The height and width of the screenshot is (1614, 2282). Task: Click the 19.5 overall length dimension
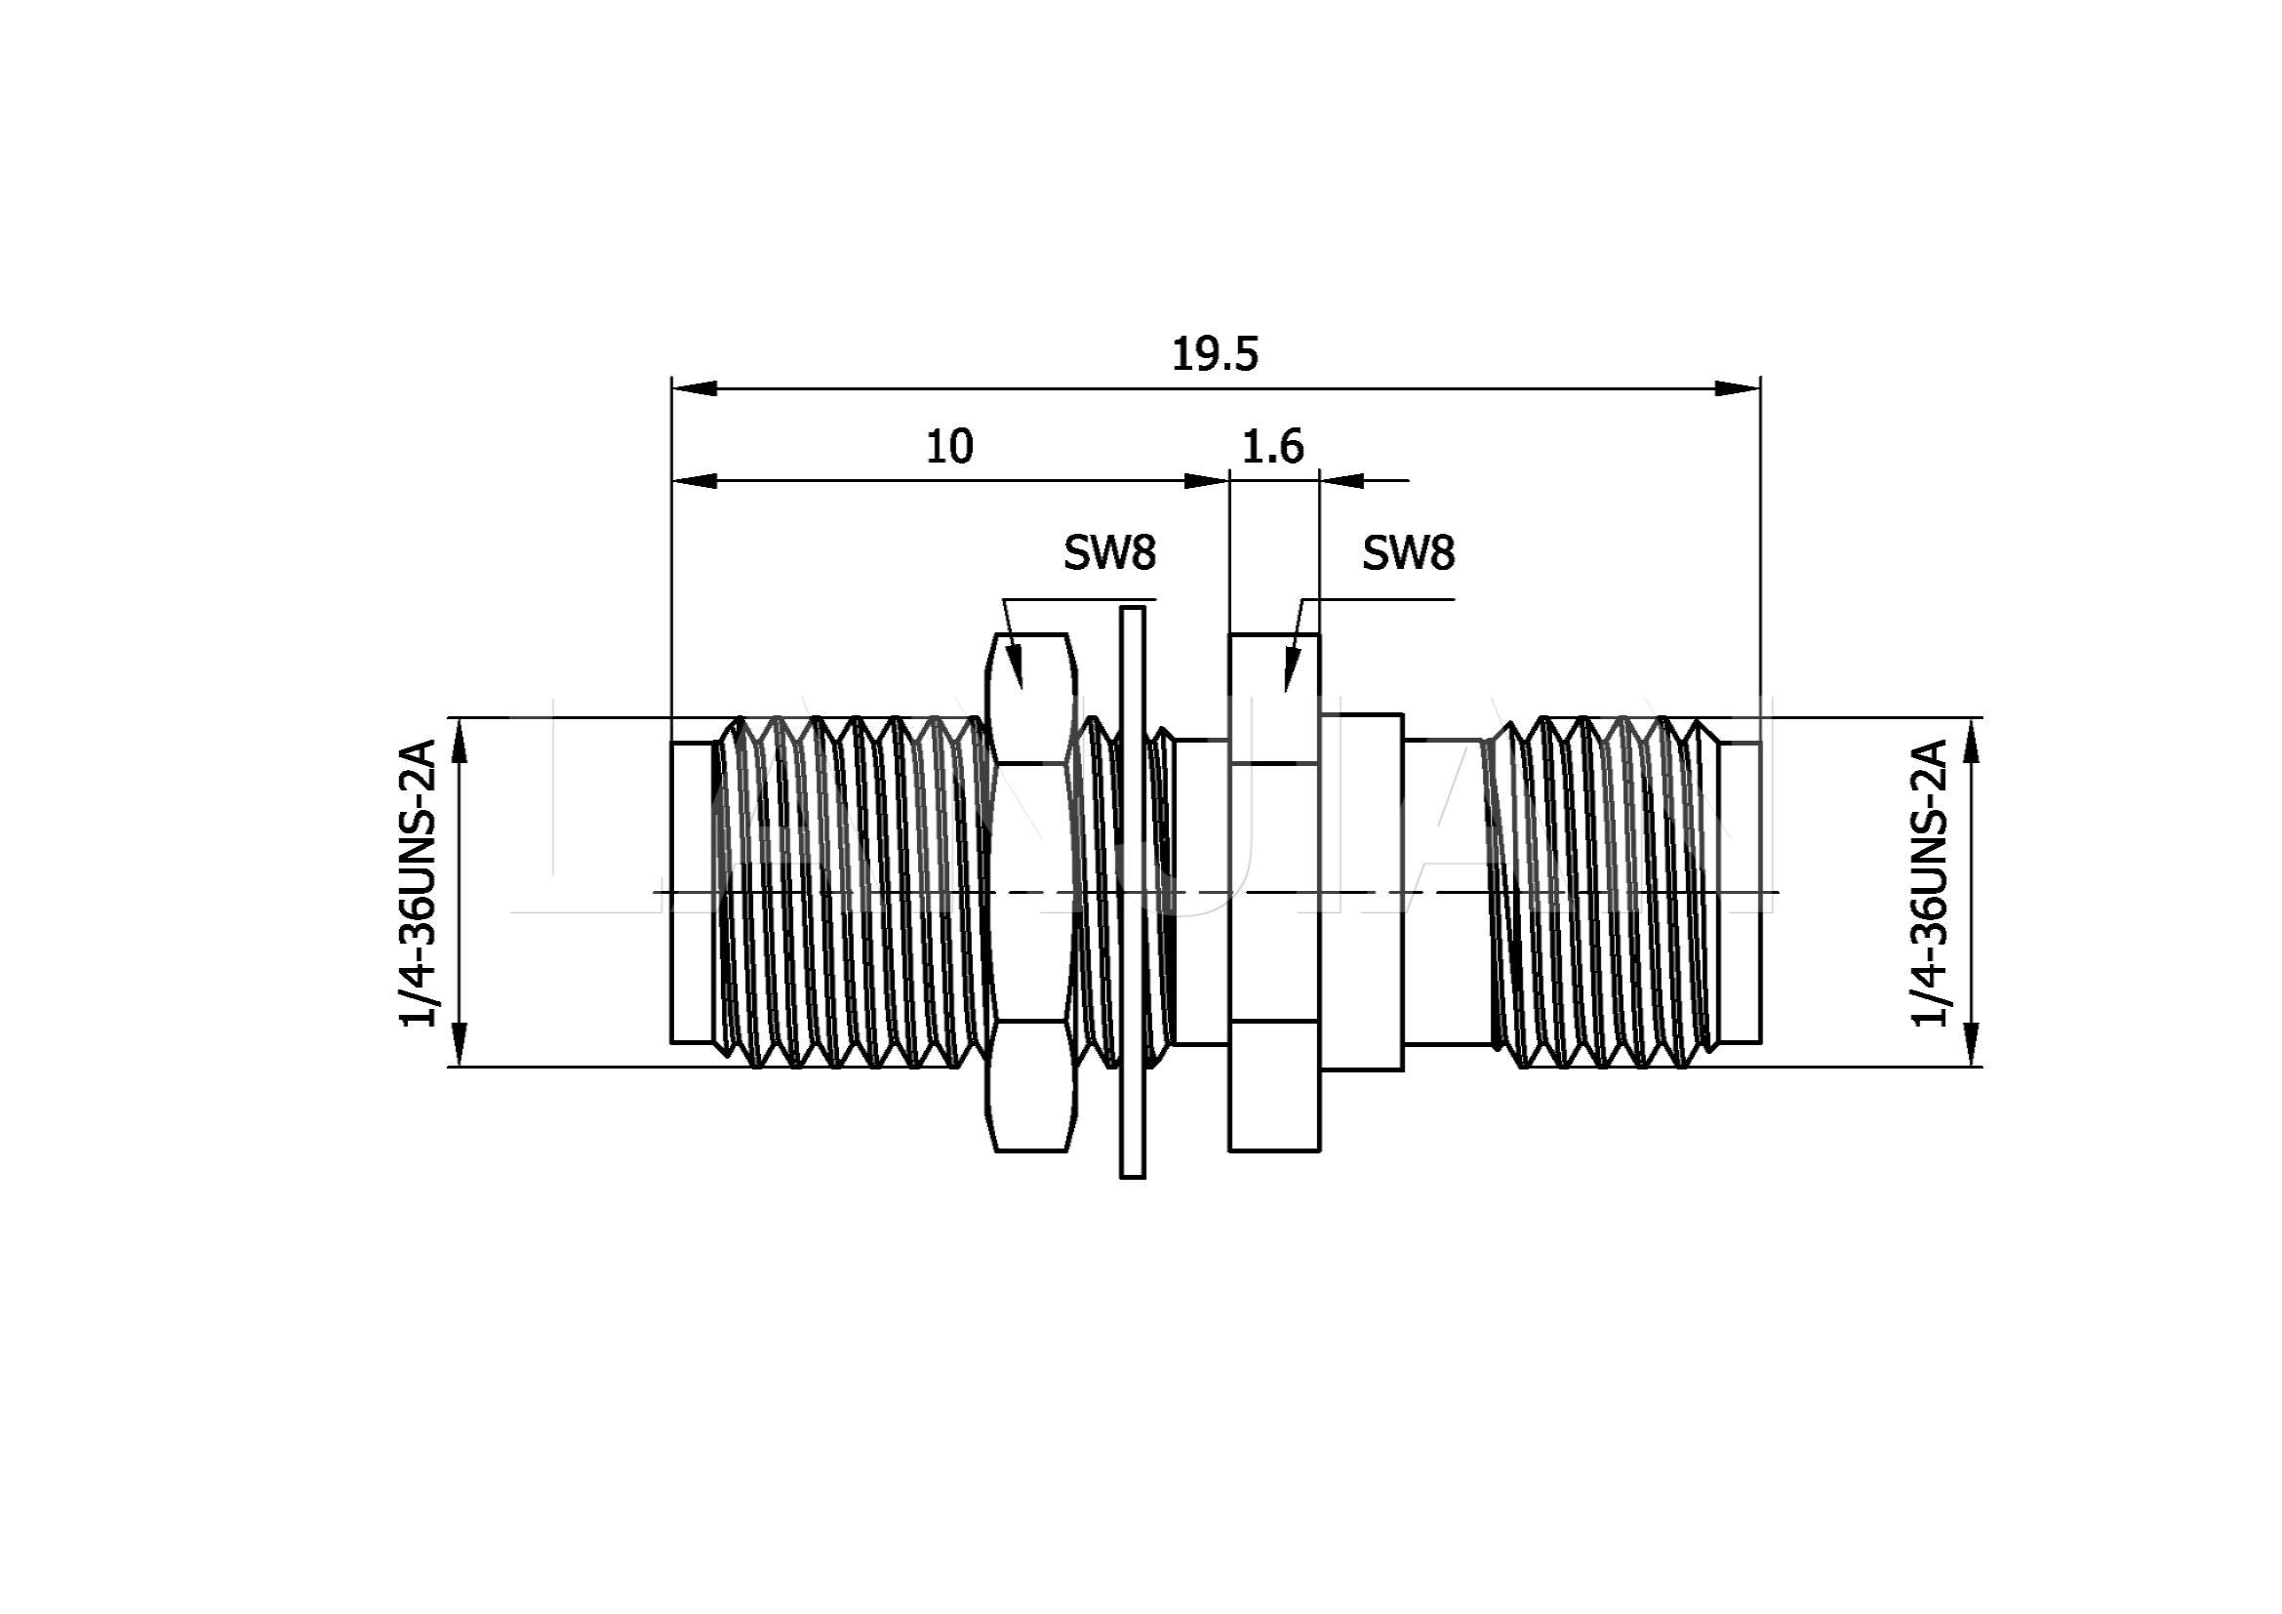pyautogui.click(x=1215, y=355)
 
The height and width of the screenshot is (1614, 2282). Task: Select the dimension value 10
pyautogui.click(x=949, y=447)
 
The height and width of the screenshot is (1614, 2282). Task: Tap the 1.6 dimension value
pyautogui.click(x=1272, y=447)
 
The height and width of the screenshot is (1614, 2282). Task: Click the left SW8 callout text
pyautogui.click(x=1109, y=552)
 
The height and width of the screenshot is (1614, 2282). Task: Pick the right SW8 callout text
pyautogui.click(x=1408, y=552)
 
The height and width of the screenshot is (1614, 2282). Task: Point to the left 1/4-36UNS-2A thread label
pyautogui.click(x=419, y=881)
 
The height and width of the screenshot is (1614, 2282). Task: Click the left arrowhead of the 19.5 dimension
pyautogui.click(x=694, y=387)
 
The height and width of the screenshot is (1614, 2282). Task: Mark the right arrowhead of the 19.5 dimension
pyautogui.click(x=1739, y=387)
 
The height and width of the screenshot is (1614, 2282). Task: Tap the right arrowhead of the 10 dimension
pyautogui.click(x=1207, y=481)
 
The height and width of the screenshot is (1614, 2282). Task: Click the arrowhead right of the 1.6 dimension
pyautogui.click(x=1342, y=481)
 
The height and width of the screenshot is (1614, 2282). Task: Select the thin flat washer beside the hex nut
pyautogui.click(x=1132, y=892)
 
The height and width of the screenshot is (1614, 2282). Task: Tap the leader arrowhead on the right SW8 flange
pyautogui.click(x=1291, y=668)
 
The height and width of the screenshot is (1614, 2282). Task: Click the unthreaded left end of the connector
pyautogui.click(x=692, y=892)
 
